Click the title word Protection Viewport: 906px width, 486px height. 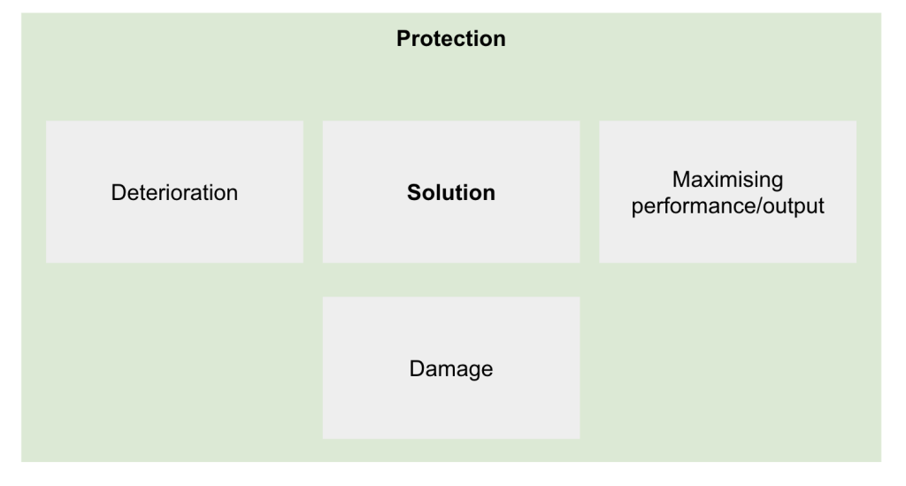pyautogui.click(x=450, y=39)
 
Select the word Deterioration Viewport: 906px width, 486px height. pyautogui.click(x=174, y=192)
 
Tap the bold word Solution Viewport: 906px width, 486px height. pyautogui.click(x=450, y=192)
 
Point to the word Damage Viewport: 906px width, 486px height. pyautogui.click(x=450, y=368)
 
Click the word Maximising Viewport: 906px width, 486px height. pyautogui.click(x=727, y=179)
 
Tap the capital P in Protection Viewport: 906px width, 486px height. pyautogui.click(x=403, y=39)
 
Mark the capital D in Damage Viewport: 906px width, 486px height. pyautogui.click(x=417, y=368)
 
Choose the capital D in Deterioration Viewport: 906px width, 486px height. pyautogui.click(x=119, y=192)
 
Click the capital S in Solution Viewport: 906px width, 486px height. pyautogui.click(x=415, y=192)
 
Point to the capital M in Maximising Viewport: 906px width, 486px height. pyautogui.click(x=680, y=179)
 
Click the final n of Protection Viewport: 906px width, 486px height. pyautogui.click(x=500, y=41)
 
